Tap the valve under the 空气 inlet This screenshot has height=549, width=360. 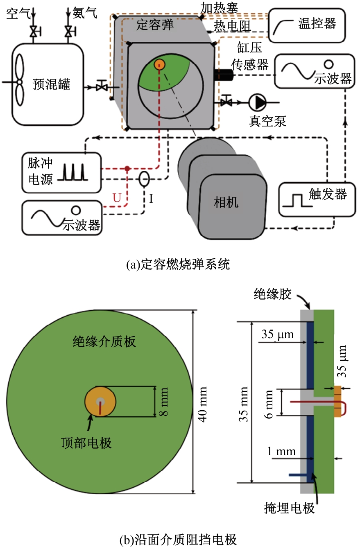pyautogui.click(x=33, y=31)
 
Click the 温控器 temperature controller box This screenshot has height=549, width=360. pyautogui.click(x=307, y=25)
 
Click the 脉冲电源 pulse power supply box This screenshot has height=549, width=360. pyautogui.click(x=62, y=173)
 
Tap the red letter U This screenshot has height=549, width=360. pyautogui.click(x=117, y=199)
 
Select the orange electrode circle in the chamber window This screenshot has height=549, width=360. pyautogui.click(x=159, y=64)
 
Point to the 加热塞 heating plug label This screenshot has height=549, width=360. pyautogui.click(x=219, y=7)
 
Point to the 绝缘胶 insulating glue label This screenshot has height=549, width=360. pyautogui.click(x=272, y=294)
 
